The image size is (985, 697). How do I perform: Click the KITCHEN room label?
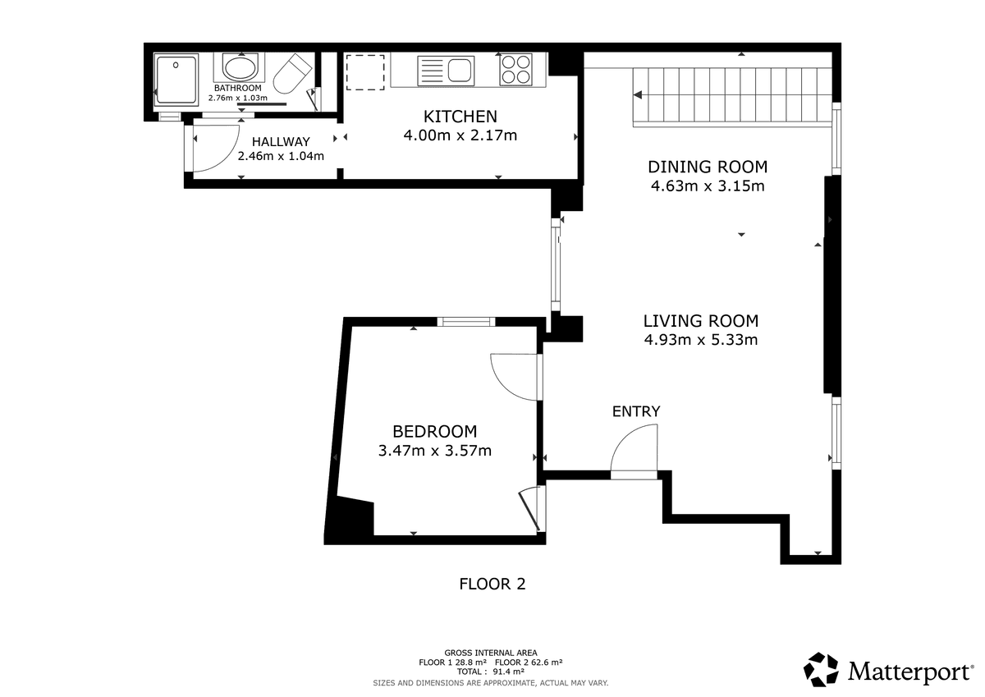(x=460, y=117)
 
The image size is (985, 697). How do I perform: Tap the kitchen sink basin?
(x=460, y=71)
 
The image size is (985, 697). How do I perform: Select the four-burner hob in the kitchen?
(x=515, y=70)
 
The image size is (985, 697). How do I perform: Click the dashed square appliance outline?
(x=365, y=72)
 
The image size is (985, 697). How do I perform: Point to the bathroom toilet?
(x=291, y=73)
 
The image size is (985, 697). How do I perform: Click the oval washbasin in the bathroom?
(x=240, y=67)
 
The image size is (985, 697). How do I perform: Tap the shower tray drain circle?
(x=176, y=65)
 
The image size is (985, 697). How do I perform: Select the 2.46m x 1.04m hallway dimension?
(x=281, y=156)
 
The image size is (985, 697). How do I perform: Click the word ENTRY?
(x=636, y=411)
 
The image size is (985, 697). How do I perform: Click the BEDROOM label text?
(x=434, y=431)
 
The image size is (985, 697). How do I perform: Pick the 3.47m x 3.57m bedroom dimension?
(x=434, y=451)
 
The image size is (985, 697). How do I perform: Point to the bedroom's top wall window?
(x=466, y=322)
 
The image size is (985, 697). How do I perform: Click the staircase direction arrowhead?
(x=638, y=95)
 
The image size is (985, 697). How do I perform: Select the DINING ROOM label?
(x=708, y=167)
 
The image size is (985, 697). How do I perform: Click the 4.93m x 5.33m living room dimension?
(x=701, y=340)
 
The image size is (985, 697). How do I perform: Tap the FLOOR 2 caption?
(x=492, y=584)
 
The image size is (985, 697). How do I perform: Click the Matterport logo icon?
(x=821, y=669)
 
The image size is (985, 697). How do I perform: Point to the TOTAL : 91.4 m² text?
(x=490, y=672)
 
